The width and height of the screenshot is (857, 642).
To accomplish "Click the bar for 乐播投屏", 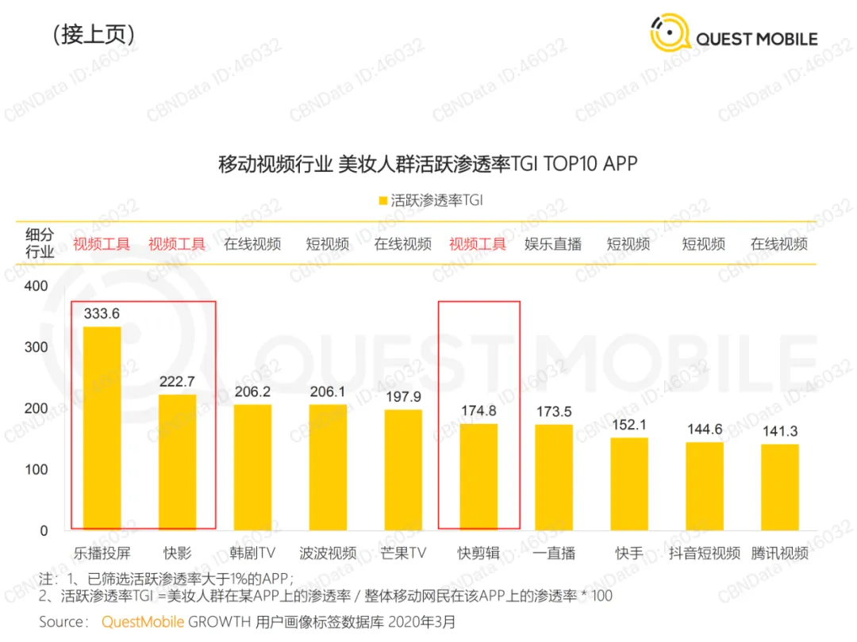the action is point(102,429).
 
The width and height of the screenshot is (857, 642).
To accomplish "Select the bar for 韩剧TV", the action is point(252,468).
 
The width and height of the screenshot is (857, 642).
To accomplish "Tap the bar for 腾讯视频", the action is point(780,487).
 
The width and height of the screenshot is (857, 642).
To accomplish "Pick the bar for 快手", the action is point(629,484).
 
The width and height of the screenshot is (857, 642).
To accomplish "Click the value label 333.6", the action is point(102,314).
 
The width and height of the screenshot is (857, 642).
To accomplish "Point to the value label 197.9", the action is point(403,397).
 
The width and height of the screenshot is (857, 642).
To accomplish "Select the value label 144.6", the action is point(705,430).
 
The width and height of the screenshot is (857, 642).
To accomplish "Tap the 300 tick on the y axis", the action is point(36,347).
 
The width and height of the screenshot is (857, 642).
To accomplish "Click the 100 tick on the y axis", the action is point(36,469).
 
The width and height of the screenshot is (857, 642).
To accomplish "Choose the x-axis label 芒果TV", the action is point(403,553).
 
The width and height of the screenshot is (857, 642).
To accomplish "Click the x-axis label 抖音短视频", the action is point(705,553).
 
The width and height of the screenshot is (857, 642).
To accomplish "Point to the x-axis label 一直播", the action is point(554,553).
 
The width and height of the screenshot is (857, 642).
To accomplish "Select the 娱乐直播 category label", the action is point(553,244).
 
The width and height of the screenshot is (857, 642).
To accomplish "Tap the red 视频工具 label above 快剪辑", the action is point(478,244).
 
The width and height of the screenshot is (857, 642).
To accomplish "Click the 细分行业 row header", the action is point(40,243).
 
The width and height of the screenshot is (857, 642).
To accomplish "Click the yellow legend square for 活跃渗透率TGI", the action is point(383,201).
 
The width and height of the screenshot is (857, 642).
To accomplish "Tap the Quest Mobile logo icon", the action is point(670,32).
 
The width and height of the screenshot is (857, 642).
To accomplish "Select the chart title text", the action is point(428,164).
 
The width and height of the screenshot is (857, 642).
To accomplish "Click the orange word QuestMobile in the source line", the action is point(143,622).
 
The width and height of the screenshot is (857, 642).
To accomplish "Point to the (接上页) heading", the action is point(94,34).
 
